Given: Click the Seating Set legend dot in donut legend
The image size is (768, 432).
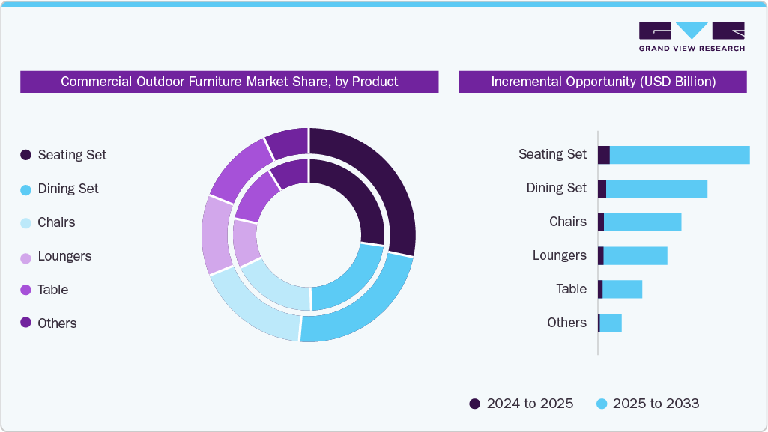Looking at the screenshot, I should (x=25, y=155).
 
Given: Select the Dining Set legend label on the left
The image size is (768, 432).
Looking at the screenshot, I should (x=67, y=189).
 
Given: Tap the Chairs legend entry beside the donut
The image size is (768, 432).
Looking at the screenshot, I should (x=56, y=222).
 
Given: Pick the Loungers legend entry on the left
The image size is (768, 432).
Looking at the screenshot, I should (x=64, y=256).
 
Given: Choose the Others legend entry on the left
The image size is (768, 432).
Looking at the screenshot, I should (x=57, y=323).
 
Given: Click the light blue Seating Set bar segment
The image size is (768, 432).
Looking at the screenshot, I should (x=679, y=155).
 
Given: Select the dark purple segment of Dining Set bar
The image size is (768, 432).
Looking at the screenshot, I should (x=602, y=189).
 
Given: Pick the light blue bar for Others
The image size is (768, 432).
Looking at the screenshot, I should (x=611, y=323).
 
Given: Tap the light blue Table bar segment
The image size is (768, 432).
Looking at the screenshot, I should (x=622, y=289).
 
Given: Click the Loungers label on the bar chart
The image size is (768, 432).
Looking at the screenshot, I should (x=559, y=255).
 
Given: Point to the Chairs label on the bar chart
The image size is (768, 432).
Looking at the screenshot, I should (x=567, y=222).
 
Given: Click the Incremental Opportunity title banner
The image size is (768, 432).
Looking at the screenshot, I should (x=602, y=82).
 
